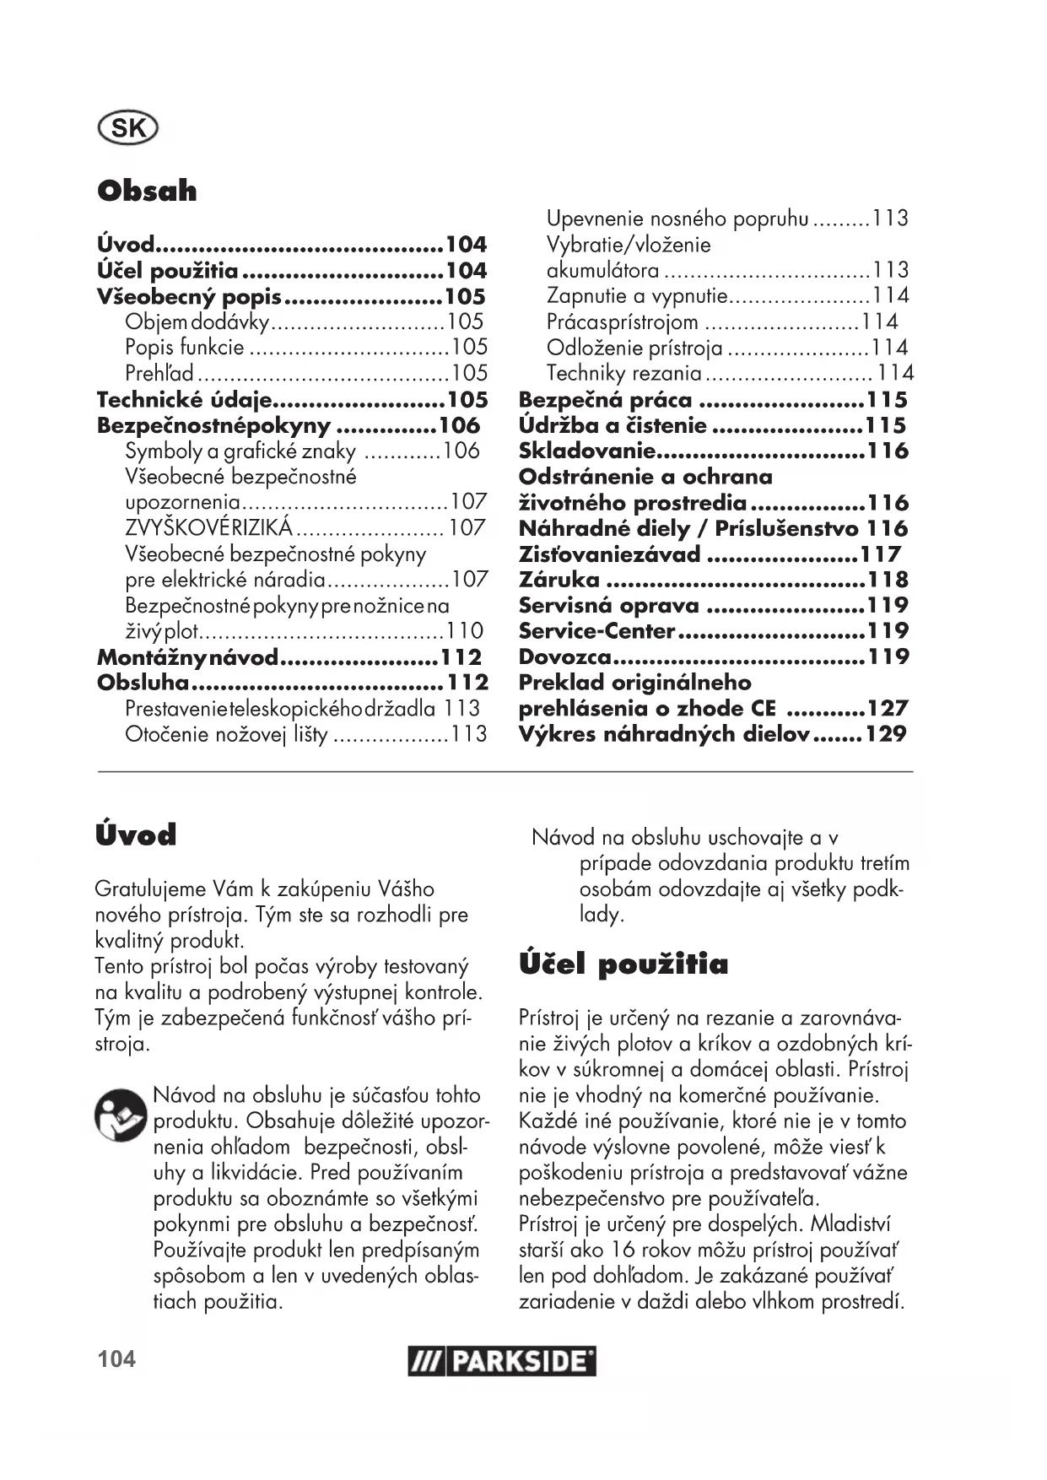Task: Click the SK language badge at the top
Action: click(128, 128)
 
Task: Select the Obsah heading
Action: click(147, 191)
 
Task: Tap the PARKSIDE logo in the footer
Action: click(502, 1361)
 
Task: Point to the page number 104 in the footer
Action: click(116, 1359)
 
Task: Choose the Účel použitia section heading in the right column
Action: click(623, 964)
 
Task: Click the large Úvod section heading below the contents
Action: click(136, 835)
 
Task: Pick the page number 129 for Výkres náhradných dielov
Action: click(885, 734)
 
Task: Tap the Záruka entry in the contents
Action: click(559, 580)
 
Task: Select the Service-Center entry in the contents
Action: click(596, 630)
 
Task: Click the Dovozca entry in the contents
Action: click(564, 656)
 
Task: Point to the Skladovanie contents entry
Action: click(586, 451)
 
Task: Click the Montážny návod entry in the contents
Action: click(187, 657)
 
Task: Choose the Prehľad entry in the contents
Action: click(159, 373)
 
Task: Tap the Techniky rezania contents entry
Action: click(623, 373)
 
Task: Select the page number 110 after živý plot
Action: click(465, 630)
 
